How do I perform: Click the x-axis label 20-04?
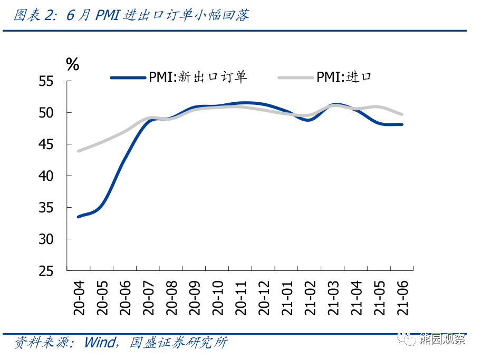[79, 298]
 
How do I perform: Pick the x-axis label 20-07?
[148, 298]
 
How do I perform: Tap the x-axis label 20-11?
[240, 298]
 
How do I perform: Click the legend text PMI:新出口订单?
[198, 77]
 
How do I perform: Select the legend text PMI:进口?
[344, 77]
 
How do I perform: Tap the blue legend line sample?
[128, 77]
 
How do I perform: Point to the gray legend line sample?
[295, 77]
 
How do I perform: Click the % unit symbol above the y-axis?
[72, 64]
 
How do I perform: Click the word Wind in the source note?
[98, 343]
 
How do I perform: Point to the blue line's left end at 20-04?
[79, 217]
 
